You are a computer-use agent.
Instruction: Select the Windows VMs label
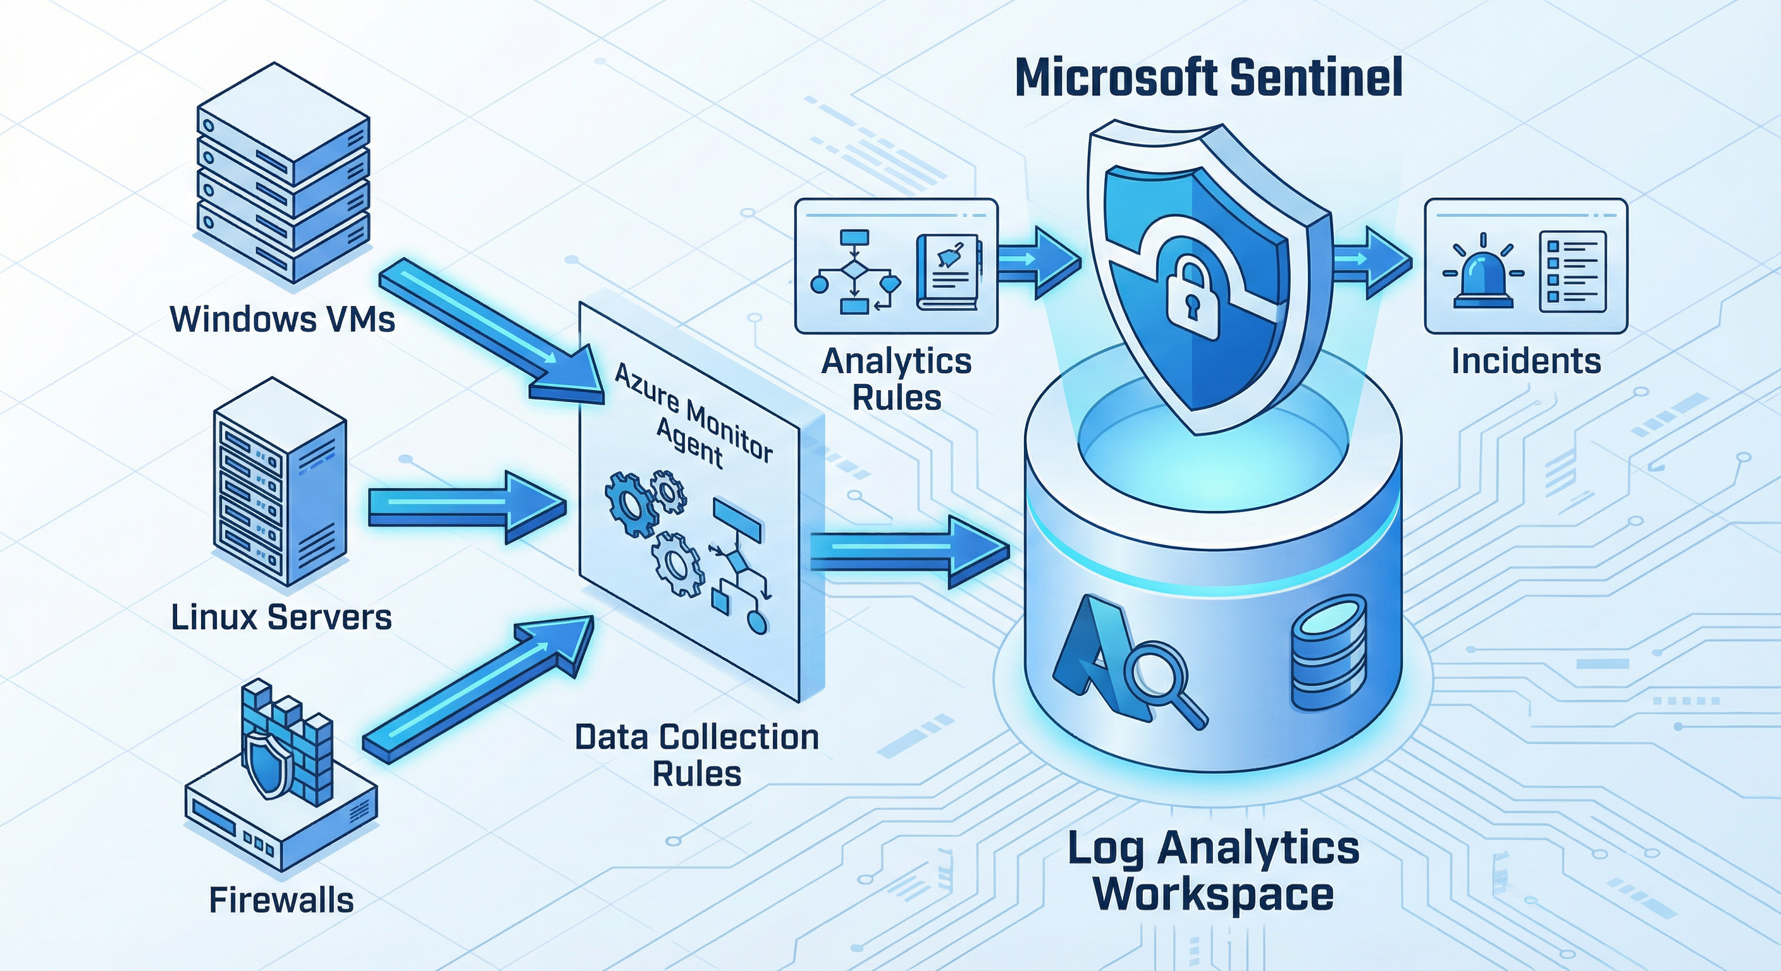click(282, 319)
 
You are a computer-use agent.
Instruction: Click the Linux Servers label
click(281, 617)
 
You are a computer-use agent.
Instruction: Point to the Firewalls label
click(281, 900)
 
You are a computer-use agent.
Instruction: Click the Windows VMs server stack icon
click(283, 173)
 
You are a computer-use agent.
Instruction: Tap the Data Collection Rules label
click(697, 755)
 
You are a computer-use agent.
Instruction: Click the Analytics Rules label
click(897, 379)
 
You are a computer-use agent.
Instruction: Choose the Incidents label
click(1526, 362)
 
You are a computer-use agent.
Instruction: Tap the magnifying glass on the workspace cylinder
click(1162, 681)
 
